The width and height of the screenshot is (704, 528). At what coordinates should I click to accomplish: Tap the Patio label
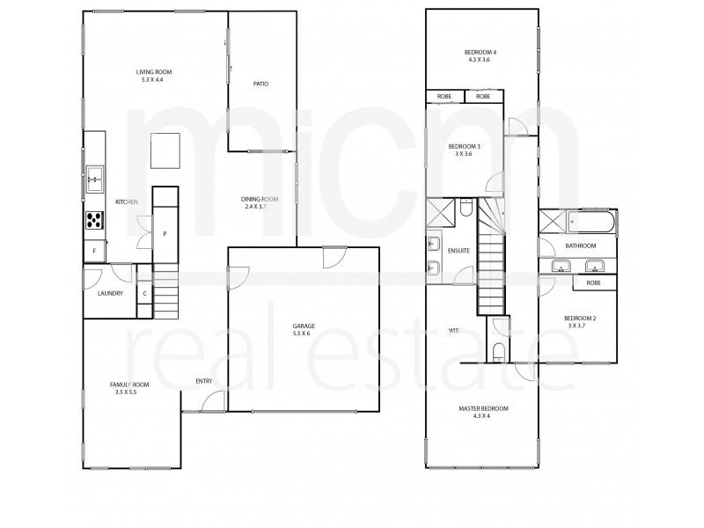click(260, 84)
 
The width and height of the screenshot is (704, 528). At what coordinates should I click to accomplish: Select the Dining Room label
click(260, 202)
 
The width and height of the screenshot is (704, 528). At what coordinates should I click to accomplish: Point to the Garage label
click(304, 330)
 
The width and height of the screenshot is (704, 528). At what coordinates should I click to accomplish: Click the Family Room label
click(129, 389)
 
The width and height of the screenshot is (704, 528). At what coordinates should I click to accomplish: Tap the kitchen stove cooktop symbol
click(94, 220)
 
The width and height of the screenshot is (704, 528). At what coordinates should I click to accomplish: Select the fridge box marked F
click(94, 252)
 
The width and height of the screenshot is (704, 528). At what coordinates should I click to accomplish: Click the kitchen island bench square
click(163, 150)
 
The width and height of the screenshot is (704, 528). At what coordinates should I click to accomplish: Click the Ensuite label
click(459, 251)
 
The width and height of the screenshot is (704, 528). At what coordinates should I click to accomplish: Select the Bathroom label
click(581, 246)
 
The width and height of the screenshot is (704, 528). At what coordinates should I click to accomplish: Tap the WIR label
click(453, 331)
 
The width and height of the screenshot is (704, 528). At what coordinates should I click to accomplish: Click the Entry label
click(204, 381)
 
